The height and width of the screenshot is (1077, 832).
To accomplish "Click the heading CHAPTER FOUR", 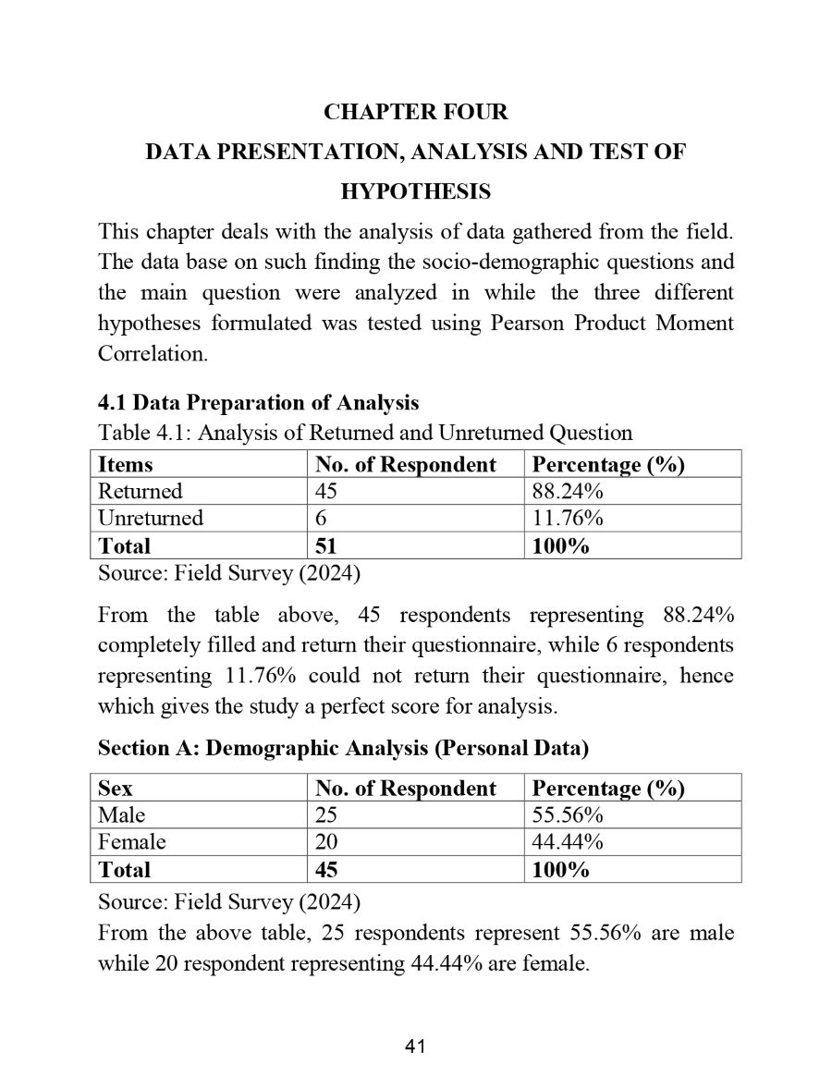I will [x=415, y=113].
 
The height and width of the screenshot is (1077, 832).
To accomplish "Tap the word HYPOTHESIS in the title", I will [x=415, y=192].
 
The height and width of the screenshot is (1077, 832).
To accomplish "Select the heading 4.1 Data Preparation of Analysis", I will [x=258, y=403].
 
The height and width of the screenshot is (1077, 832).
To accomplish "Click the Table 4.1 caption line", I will [x=365, y=433].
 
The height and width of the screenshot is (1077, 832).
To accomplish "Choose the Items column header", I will [x=126, y=464].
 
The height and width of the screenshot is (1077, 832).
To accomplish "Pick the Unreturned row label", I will [x=151, y=518].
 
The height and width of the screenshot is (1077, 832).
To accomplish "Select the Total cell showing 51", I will [x=326, y=545].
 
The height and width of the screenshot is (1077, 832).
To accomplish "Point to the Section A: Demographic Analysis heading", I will [x=343, y=748].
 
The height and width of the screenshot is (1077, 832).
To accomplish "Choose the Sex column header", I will [x=116, y=789].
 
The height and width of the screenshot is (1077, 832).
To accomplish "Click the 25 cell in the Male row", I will [x=326, y=815].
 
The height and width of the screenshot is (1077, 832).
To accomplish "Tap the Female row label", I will [x=132, y=842].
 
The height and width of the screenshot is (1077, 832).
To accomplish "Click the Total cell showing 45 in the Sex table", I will [x=326, y=870].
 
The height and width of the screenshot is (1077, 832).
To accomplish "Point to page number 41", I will [x=415, y=1046].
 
